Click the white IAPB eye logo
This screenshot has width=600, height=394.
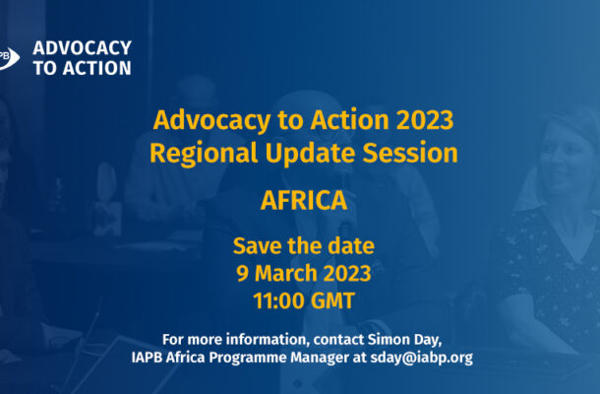pos(9,58)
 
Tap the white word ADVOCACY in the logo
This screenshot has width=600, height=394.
pos(83,48)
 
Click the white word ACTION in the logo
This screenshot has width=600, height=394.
pos(97,68)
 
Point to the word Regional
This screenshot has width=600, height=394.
pos(204,154)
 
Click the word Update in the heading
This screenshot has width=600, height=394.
pos(311,154)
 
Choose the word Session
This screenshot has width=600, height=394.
pos(410,153)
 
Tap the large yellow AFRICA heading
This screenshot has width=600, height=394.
pos(304,201)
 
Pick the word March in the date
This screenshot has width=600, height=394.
pos(286,274)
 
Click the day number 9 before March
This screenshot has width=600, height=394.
pos(242,274)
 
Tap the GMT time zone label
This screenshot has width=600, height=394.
pos(332,300)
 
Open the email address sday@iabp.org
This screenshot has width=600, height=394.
pos(421,358)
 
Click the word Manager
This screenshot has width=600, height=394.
pos(320,358)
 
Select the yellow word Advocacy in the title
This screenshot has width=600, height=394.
pos(212,121)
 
